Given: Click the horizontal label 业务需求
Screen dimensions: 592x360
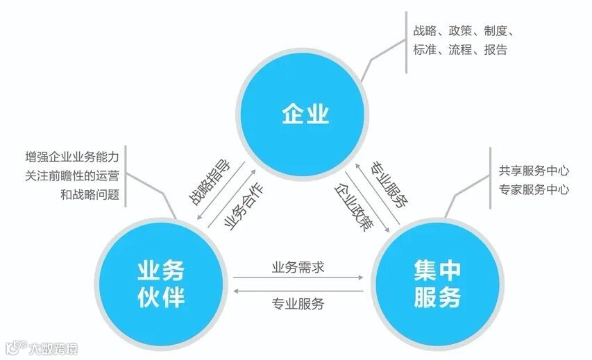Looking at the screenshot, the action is coord(298,266).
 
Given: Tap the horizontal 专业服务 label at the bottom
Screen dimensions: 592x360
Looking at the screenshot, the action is coord(298,302).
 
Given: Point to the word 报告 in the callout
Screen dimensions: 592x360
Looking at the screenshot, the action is coord(495,50).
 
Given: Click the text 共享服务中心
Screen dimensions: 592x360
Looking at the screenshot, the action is coord(534,170).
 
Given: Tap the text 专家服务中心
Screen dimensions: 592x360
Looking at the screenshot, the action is coord(534,189).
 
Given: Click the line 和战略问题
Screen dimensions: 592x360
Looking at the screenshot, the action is coord(90,195).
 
